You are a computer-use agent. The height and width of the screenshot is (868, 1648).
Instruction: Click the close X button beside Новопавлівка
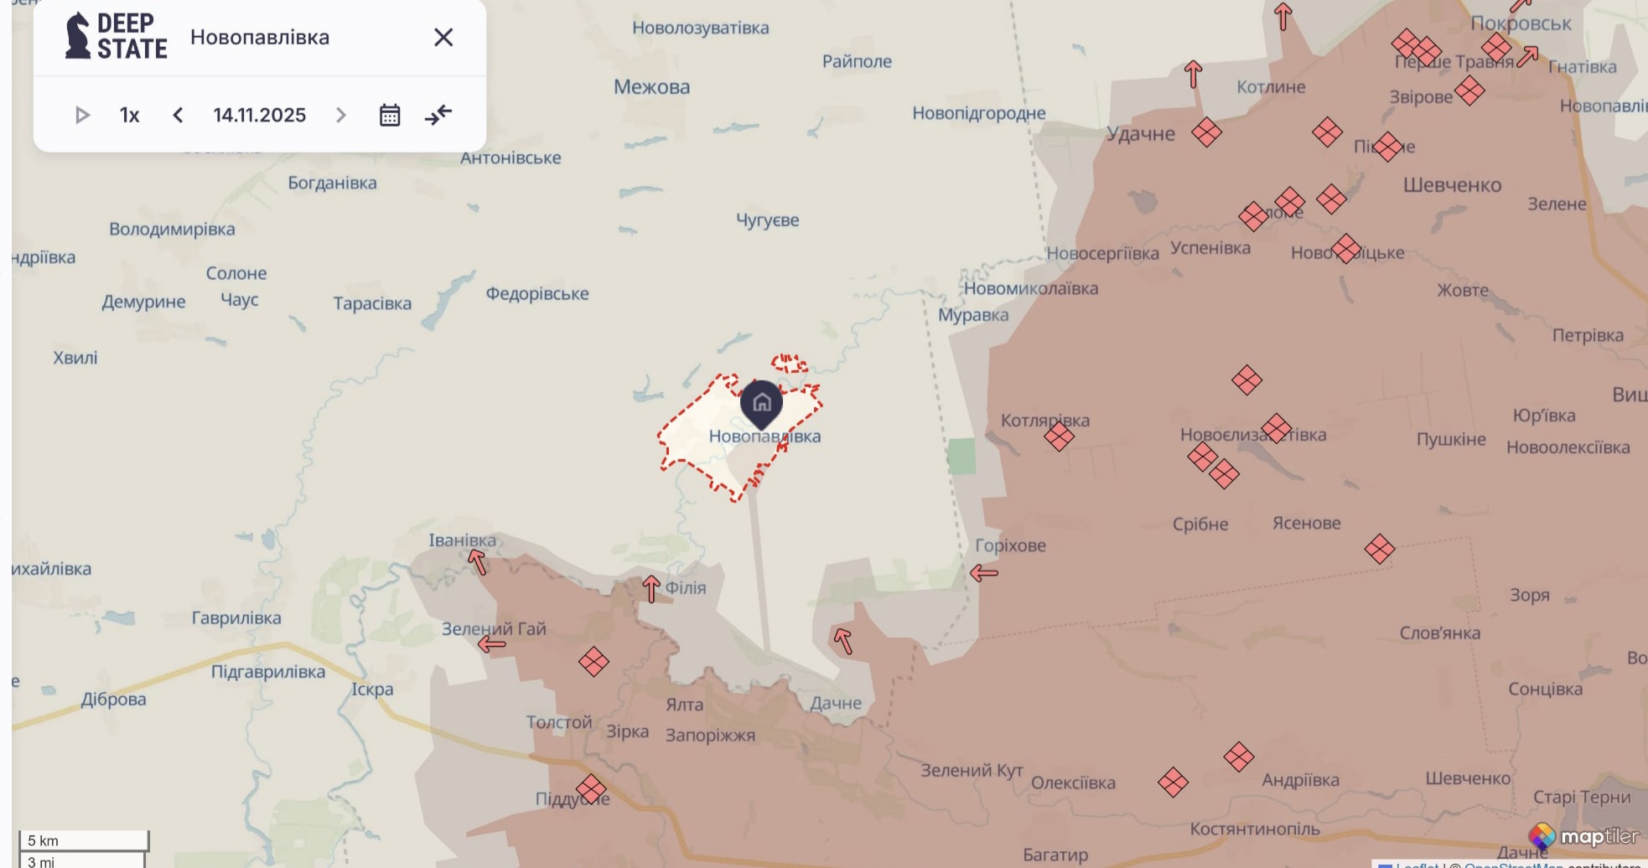[443, 38]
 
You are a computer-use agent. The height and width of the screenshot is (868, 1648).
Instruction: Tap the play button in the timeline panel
[82, 115]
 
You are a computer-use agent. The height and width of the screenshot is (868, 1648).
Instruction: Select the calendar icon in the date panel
[390, 115]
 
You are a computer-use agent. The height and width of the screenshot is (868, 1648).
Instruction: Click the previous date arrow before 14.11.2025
[178, 115]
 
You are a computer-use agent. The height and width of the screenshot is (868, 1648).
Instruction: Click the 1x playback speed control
[129, 115]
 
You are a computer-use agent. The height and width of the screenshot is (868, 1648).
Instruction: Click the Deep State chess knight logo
[78, 36]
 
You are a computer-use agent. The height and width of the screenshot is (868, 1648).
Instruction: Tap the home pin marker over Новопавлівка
[761, 403]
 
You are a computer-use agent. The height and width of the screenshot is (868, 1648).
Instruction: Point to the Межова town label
[651, 87]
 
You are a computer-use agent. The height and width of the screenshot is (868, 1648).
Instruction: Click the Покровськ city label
[1521, 23]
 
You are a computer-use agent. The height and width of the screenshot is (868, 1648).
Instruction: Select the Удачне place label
[1140, 134]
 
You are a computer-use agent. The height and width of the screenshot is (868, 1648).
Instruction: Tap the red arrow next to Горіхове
[984, 573]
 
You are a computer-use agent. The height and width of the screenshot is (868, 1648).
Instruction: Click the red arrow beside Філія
[651, 588]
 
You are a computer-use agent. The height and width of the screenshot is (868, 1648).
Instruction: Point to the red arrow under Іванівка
[477, 561]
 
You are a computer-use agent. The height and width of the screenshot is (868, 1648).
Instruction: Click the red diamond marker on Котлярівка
[1059, 437]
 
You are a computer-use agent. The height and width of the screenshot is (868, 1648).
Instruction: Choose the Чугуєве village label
[767, 220]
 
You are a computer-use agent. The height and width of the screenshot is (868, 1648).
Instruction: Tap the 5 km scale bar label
[44, 840]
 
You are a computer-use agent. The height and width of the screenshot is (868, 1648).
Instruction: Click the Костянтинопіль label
[1254, 829]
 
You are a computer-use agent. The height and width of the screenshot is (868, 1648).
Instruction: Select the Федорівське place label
[536, 294]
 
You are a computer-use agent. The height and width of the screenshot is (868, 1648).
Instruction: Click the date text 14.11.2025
[259, 115]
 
